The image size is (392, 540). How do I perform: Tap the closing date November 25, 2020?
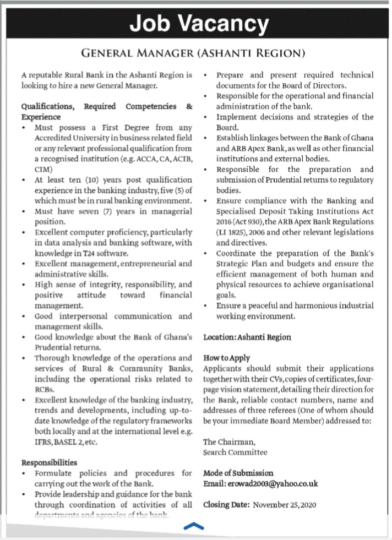pyautogui.click(x=285, y=504)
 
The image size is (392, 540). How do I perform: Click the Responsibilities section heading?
pyautogui.click(x=50, y=462)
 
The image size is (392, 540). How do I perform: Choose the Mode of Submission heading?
pyautogui.click(x=238, y=473)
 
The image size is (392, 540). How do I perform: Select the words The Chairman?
pyautogui.click(x=230, y=441)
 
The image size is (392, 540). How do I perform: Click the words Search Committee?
pyautogui.click(x=235, y=452)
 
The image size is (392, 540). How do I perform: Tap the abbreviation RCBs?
pyautogui.click(x=43, y=389)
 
